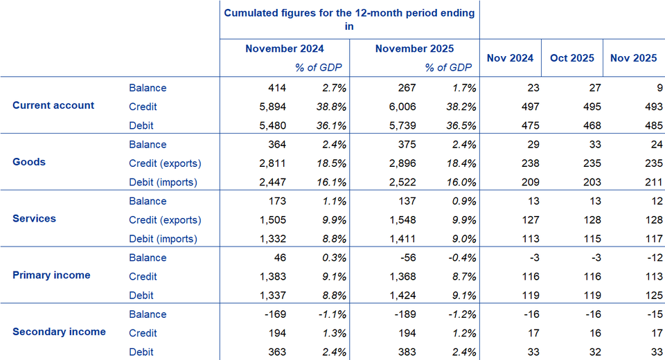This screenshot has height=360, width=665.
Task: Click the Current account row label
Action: click(53, 106)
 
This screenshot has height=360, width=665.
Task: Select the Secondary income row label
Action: click(59, 332)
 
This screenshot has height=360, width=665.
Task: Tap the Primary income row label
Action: click(51, 275)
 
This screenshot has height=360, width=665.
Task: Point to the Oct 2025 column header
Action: click(571, 58)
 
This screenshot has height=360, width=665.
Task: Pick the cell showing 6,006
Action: click(401, 107)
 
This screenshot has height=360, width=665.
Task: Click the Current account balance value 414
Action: click(277, 88)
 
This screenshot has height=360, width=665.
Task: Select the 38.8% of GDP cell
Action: click(330, 107)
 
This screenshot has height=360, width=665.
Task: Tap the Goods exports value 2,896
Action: click(401, 163)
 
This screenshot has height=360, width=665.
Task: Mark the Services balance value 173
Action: click(277, 201)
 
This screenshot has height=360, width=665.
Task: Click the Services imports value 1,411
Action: click(401, 239)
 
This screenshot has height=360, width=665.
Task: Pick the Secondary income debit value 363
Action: click(277, 352)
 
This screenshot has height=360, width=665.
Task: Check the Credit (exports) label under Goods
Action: click(165, 163)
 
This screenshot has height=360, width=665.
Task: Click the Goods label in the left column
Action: click(29, 162)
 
